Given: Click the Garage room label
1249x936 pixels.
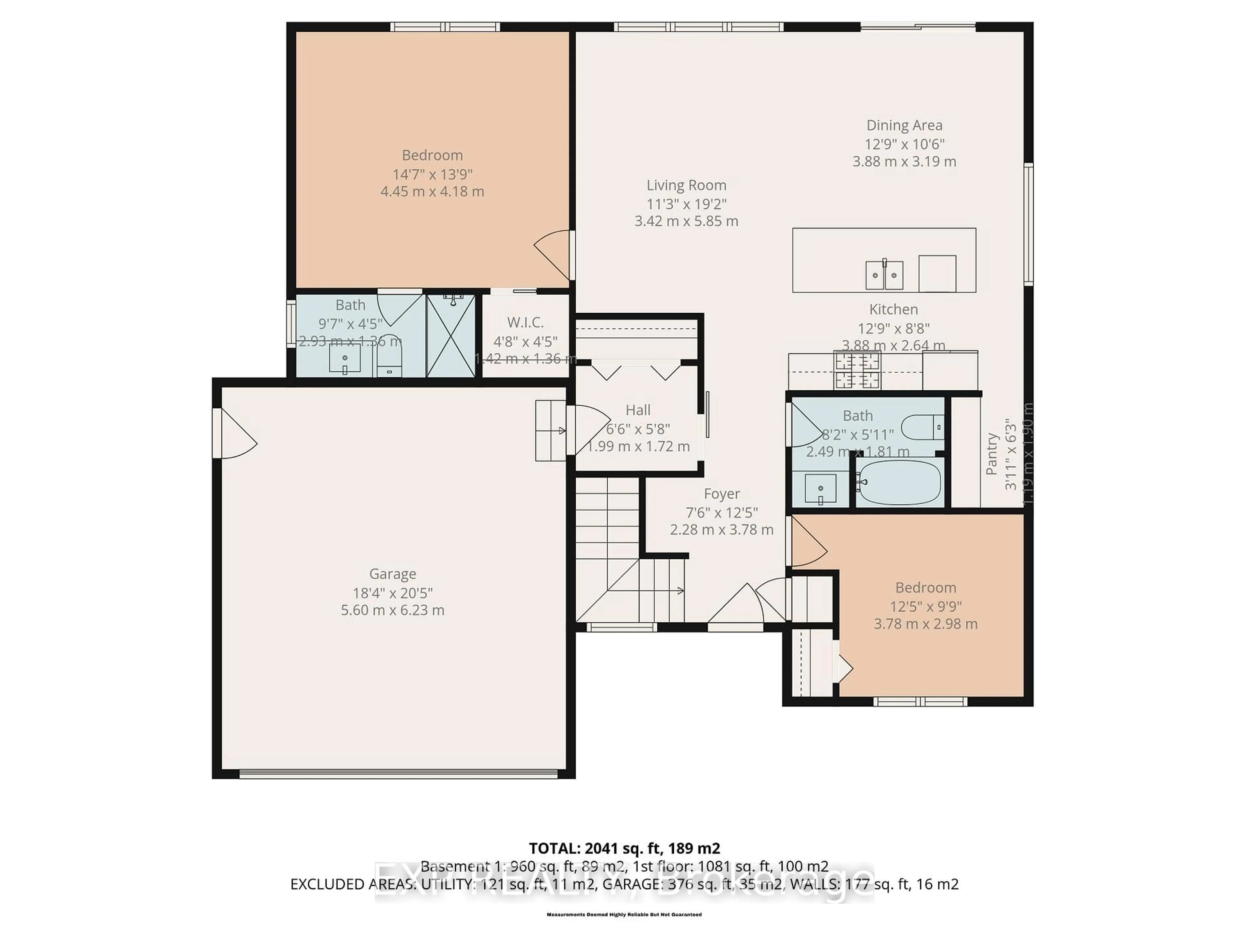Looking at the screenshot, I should coord(393,574).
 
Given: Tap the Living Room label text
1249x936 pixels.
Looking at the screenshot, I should coord(686,185).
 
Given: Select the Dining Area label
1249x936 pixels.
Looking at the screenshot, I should coord(904,125).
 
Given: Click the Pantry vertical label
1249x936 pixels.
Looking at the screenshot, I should coord(991,454).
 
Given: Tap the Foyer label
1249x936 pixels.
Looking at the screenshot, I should coord(722,494).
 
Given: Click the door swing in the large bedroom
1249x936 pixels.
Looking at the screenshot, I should coord(553,254).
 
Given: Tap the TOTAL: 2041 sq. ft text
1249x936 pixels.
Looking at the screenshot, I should coord(624,848).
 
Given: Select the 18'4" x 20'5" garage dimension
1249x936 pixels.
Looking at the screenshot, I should coord(393,593).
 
